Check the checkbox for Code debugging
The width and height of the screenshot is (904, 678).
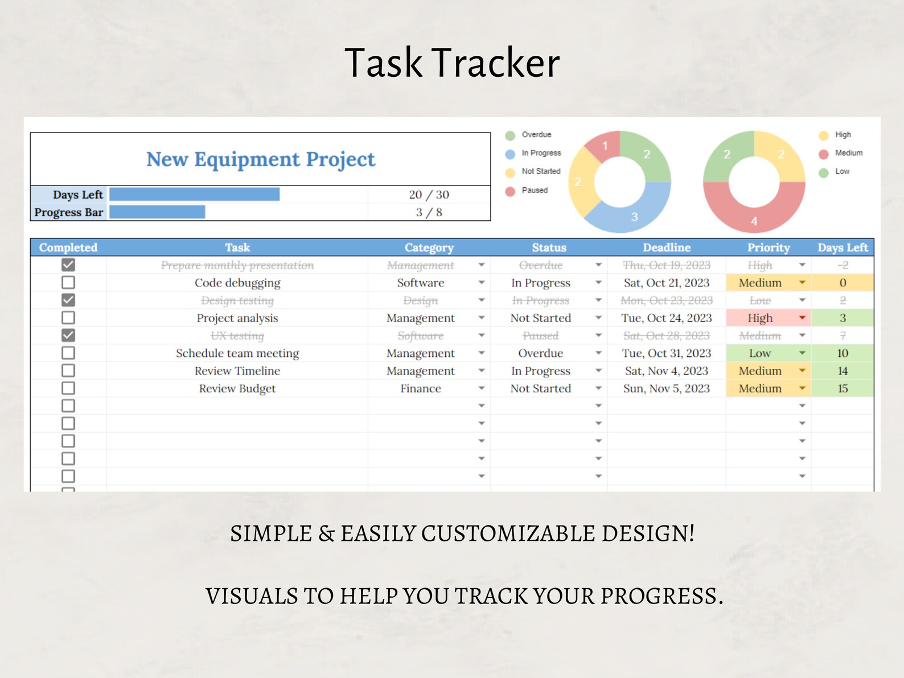[x=68, y=282]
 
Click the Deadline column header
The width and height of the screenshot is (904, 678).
[x=667, y=248]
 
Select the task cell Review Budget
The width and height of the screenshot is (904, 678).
[x=237, y=389]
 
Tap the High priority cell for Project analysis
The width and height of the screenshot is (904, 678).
[x=760, y=318]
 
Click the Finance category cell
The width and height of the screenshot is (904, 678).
[x=421, y=389]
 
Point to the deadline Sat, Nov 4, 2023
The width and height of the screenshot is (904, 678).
[x=667, y=371]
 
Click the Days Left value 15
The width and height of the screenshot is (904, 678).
[x=843, y=389]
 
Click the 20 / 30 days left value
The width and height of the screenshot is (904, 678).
[x=429, y=195]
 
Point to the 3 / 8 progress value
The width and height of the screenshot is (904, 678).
[x=429, y=212]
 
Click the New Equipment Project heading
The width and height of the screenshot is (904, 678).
[x=261, y=159]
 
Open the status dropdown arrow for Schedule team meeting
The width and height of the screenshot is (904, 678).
[x=598, y=354]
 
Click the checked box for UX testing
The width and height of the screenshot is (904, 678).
[x=68, y=335]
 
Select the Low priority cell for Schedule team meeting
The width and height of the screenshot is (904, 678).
[x=760, y=354]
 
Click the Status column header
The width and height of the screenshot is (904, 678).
[x=549, y=248]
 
